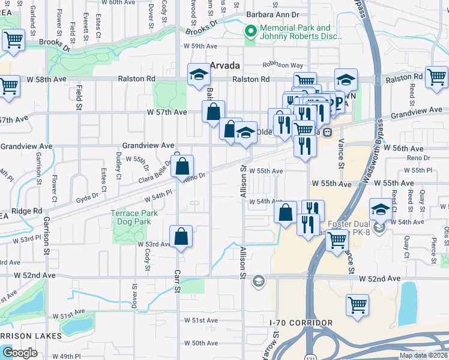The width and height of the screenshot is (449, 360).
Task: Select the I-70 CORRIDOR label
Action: pos(301,323)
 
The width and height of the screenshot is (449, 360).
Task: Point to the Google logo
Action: pos(20,353)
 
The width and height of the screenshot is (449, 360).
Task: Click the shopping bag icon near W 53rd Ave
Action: pos(181,238)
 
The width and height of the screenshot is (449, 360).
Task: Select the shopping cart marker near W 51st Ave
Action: pos(358,305)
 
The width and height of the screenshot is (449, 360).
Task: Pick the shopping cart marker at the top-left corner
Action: pos(13,41)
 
